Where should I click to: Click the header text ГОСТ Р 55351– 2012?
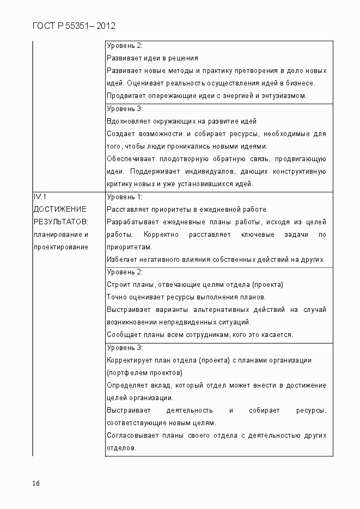(x=74, y=26)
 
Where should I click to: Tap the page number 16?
(x=36, y=483)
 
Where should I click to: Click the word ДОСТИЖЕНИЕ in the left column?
(x=60, y=210)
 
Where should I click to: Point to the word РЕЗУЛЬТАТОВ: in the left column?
(x=61, y=222)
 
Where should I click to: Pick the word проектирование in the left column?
(x=61, y=247)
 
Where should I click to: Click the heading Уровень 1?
(x=125, y=197)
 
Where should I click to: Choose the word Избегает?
(x=122, y=260)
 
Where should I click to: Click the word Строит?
(x=118, y=285)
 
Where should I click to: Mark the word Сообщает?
(x=124, y=335)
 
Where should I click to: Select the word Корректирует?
(x=129, y=360)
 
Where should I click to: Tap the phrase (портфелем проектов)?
(x=144, y=373)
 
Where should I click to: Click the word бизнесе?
(x=301, y=83)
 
